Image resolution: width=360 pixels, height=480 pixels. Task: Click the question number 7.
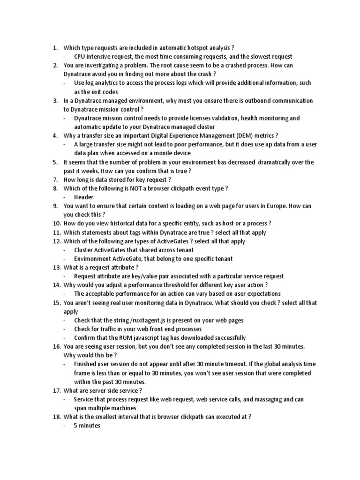click(55, 180)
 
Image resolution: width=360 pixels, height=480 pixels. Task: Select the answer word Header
click(83, 197)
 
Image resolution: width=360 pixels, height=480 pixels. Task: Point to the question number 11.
click(56, 232)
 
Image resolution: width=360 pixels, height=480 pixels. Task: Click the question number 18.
click(56, 417)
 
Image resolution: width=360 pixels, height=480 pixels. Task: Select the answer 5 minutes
click(87, 426)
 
